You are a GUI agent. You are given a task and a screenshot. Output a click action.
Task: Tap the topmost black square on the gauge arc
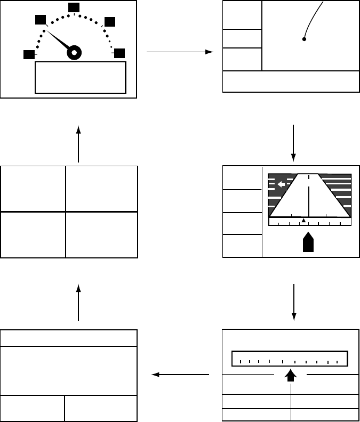74,7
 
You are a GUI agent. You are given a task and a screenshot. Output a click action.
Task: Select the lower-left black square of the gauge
28,55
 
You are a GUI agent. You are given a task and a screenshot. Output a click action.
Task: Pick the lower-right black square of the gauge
119,53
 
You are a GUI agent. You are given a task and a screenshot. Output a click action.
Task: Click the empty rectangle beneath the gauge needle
80,78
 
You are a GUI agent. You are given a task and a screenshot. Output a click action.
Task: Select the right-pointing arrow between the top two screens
180,52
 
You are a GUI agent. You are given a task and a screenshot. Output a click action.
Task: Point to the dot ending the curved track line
304,39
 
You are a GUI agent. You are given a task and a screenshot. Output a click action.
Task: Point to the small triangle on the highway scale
303,221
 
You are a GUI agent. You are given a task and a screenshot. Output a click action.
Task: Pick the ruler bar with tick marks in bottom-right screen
290,359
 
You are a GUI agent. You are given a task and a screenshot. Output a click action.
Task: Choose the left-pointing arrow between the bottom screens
180,375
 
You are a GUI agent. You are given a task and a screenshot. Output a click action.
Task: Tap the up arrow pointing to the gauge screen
78,144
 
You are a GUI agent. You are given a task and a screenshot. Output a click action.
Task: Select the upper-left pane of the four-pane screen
33,189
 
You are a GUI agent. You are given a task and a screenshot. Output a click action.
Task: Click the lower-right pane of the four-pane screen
101,234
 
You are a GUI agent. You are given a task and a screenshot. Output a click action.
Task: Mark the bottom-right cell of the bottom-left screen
101,408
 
